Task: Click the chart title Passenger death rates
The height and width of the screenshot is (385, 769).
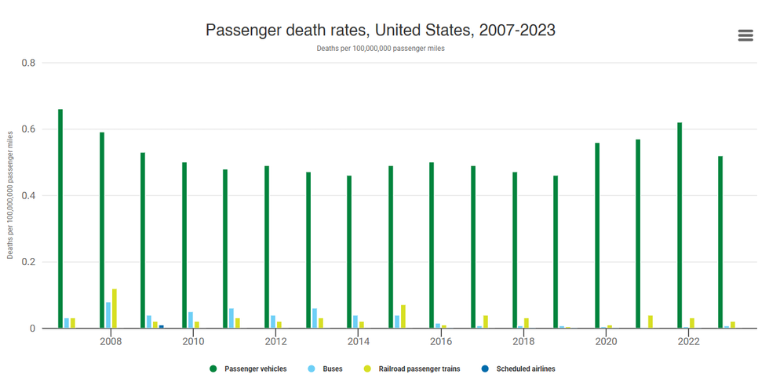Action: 381,30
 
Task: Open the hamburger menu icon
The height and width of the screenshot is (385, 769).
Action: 745,35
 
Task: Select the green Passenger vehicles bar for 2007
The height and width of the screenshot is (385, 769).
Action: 60,219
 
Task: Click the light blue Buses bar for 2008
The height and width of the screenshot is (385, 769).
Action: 108,315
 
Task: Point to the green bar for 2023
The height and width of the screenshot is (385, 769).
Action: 720,242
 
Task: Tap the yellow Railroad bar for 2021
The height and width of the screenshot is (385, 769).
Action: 651,321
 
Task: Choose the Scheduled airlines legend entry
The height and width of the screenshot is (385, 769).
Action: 519,369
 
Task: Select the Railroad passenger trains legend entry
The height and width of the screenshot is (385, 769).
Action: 413,369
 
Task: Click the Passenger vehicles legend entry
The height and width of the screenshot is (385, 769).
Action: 249,369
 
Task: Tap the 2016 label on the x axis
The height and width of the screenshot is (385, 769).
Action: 441,342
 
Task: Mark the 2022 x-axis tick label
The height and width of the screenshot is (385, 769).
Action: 688,342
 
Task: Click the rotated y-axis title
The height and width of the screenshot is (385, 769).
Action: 10,196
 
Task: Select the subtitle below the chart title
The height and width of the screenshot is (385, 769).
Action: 381,49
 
